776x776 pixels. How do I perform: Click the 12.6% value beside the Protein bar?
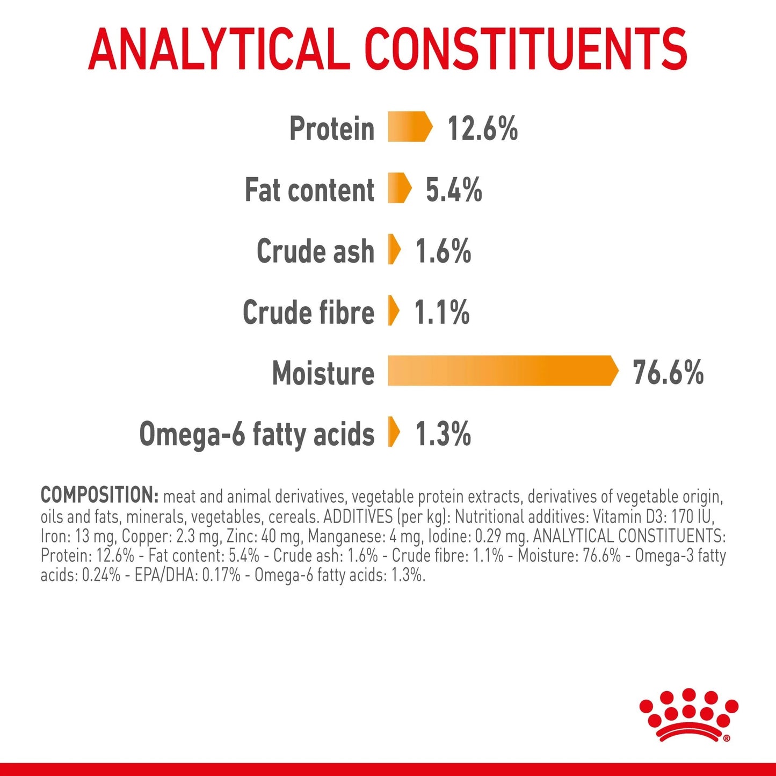pos(482,128)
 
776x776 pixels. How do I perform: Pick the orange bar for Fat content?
pos(399,188)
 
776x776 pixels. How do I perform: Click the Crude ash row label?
pos(315,251)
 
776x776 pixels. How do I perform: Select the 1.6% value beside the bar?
pos(443,251)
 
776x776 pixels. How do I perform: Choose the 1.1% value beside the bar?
pos(441,312)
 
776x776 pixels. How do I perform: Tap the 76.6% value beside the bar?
pos(668,373)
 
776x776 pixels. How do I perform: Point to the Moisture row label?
pos(323,373)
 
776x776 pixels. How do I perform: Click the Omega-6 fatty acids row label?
pos(257,434)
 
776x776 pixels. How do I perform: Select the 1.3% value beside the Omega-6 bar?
pos(443,434)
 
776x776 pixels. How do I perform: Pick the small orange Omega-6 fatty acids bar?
pos(394,432)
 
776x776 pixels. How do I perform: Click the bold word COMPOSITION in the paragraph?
pos(99,495)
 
